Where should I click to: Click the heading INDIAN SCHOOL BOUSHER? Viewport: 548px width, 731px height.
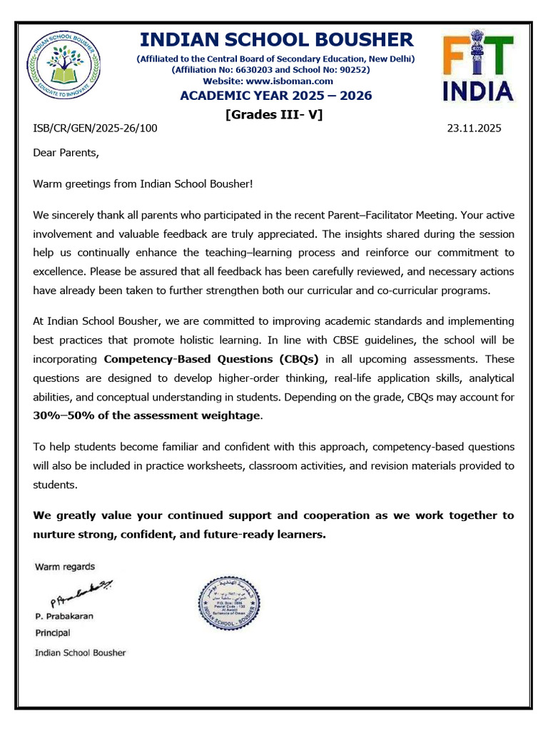(275, 39)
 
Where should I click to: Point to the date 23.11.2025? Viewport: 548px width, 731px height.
(474, 128)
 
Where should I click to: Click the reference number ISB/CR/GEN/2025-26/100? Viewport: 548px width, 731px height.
(96, 128)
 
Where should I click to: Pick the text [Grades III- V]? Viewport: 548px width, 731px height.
(274, 114)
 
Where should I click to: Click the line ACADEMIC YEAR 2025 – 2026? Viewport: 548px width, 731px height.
(275, 96)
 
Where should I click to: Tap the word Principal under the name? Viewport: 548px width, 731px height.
(53, 633)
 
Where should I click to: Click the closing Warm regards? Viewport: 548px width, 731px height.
(65, 567)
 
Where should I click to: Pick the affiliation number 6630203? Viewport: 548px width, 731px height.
(263, 70)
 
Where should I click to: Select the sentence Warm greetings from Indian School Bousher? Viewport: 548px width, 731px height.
(143, 183)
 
